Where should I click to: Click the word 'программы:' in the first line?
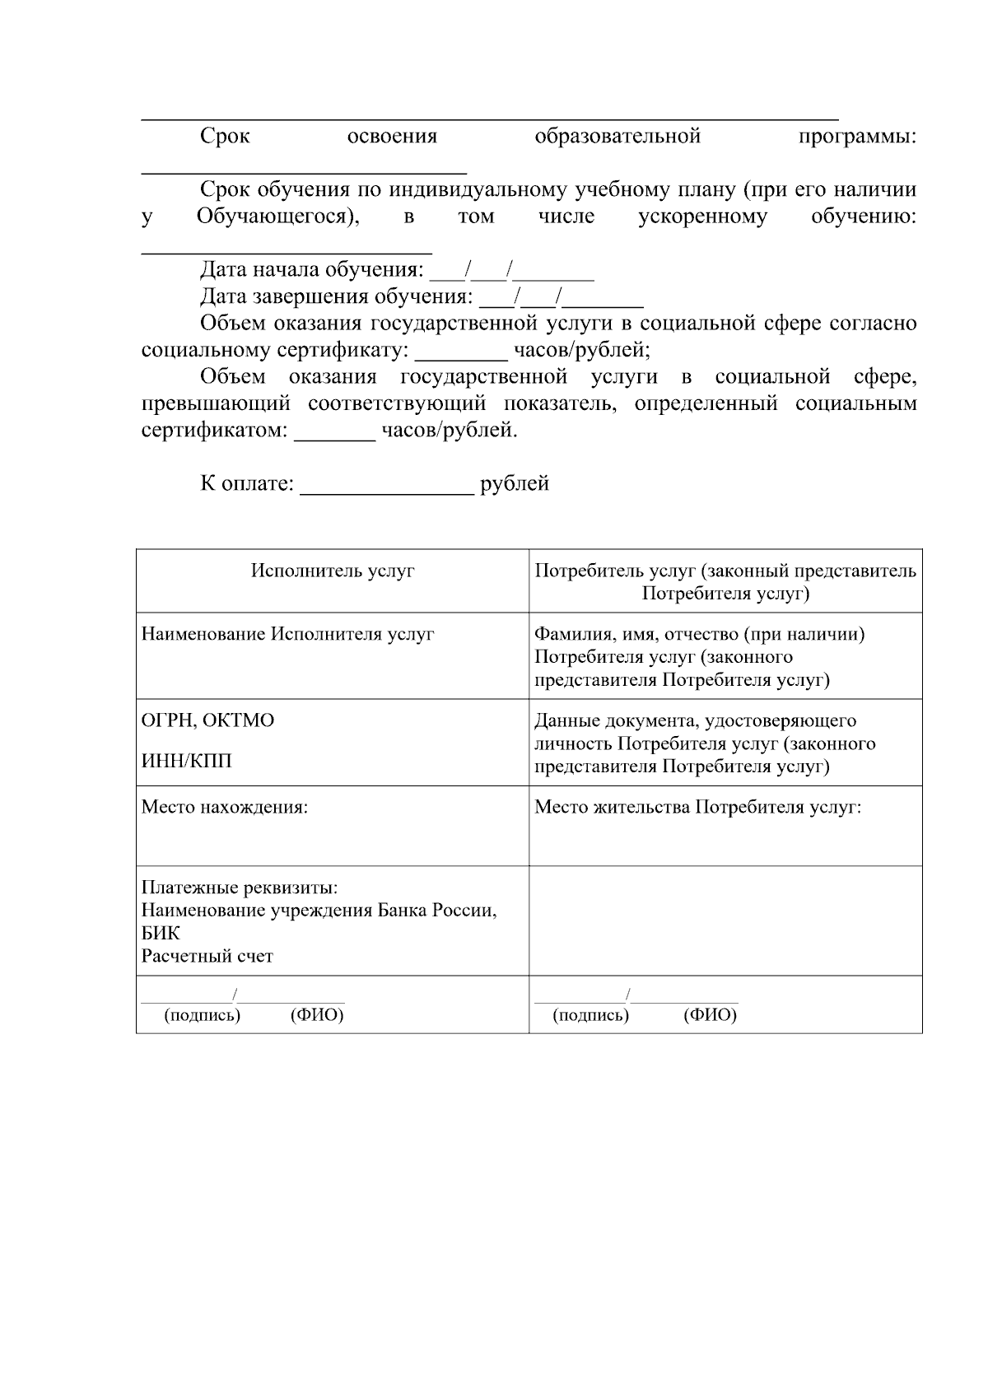(x=857, y=137)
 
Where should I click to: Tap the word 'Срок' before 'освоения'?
(x=225, y=137)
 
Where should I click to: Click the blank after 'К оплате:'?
(x=387, y=486)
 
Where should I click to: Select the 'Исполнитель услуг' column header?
(x=333, y=571)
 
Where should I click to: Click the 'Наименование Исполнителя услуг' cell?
(x=287, y=634)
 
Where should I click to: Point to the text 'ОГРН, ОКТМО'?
(x=207, y=720)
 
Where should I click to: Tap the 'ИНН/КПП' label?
(x=186, y=761)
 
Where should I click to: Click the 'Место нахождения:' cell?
(x=224, y=807)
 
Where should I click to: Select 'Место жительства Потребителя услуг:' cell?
(x=697, y=807)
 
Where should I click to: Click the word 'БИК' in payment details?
(x=161, y=934)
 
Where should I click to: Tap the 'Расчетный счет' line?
(x=207, y=956)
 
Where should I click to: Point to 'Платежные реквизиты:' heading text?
(x=240, y=888)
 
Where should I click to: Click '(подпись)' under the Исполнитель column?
(x=203, y=1014)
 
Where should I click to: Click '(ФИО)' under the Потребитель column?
(x=710, y=1014)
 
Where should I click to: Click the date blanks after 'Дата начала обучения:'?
(x=511, y=271)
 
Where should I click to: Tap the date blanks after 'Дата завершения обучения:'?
(x=561, y=297)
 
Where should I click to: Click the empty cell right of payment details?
(x=725, y=920)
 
